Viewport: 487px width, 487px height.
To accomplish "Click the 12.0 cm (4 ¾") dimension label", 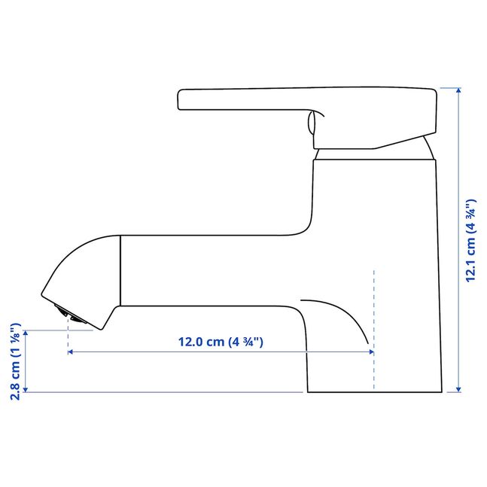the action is pos(221,342).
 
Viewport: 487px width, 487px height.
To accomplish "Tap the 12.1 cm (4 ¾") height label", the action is pos(470,240).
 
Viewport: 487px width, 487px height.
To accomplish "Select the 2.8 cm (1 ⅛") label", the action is pos(16,361).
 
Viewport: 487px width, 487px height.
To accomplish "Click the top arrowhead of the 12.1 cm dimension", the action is pos(458,90).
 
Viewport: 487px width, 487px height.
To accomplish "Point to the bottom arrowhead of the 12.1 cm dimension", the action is pos(458,389).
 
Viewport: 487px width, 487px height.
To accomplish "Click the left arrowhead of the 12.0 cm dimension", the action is pos(71,352).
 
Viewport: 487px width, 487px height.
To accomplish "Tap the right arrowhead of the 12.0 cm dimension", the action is pos(371,352).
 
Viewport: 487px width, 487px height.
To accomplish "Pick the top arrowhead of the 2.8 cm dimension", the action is pos(26,333).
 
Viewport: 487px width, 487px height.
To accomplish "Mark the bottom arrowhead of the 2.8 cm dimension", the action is pos(26,389).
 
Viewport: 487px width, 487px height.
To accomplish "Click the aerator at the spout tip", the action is pos(70,315).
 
